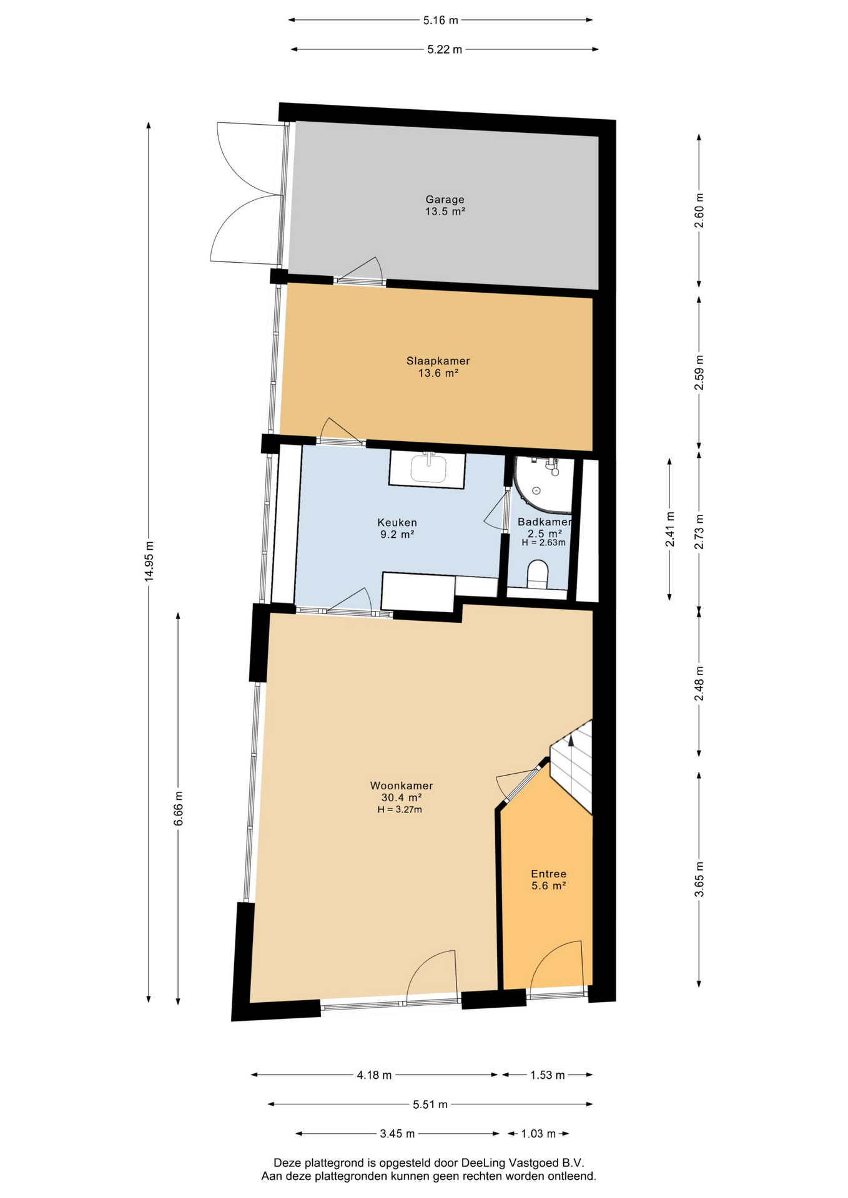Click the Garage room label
pos(445,200)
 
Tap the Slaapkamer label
pos(438,361)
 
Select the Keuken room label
pos(397,522)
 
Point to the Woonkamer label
pos(402,786)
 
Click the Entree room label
pos(548,874)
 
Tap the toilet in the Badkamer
pos(538,574)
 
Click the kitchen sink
pos(428,468)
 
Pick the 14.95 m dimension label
pos(149,562)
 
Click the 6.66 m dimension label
pos(178,809)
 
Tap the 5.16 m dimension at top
pos(440,21)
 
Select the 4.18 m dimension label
pos(374,1075)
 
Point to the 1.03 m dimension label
pos(538,1134)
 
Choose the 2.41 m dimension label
pos(669,529)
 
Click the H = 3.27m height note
pos(400,810)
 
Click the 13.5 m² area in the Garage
pos(445,212)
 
